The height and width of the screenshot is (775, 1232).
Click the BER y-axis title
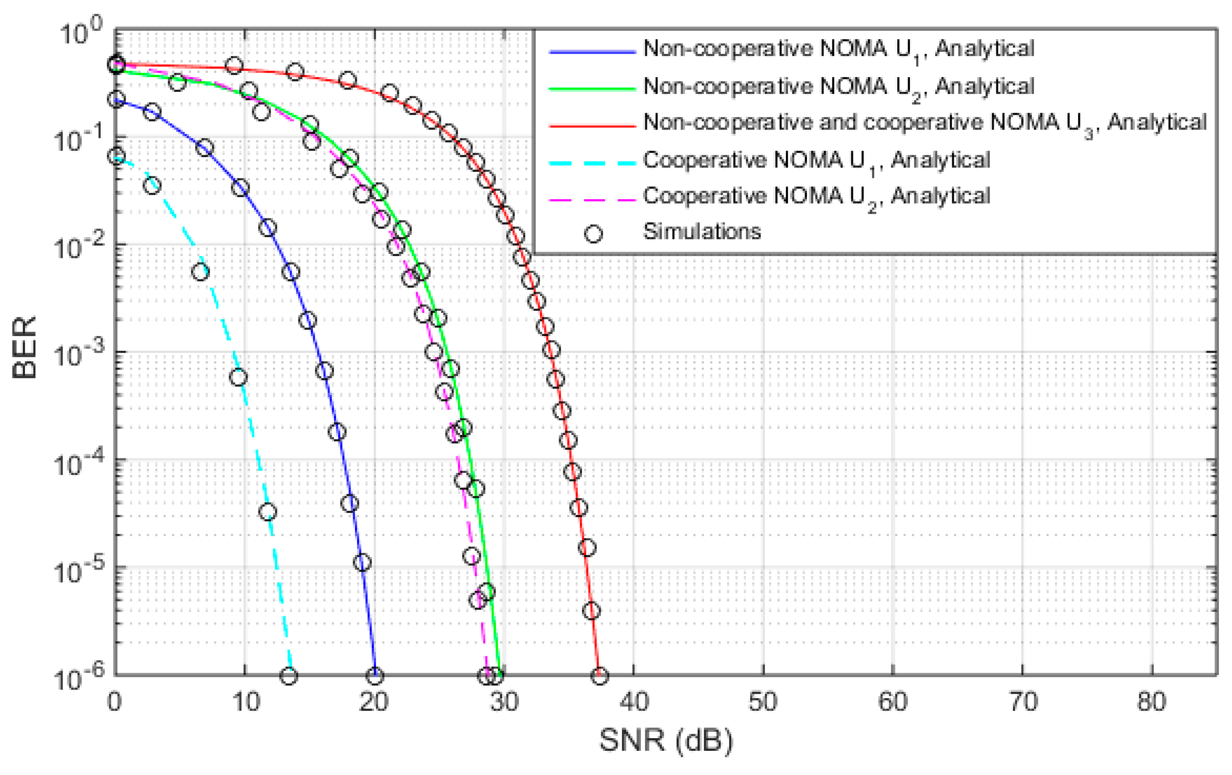pyautogui.click(x=24, y=347)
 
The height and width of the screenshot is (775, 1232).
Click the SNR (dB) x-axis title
pyautogui.click(x=666, y=739)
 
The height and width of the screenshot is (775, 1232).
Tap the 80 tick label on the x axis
pyautogui.click(x=1152, y=702)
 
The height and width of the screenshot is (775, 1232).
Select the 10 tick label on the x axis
pyautogui.click(x=246, y=702)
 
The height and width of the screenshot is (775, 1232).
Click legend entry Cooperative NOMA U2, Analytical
pyautogui.click(x=816, y=197)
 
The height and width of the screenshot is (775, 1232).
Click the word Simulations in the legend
pyautogui.click(x=702, y=232)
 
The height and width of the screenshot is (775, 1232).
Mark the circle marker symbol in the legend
pyautogui.click(x=593, y=234)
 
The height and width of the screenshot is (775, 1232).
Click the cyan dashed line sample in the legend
pyautogui.click(x=592, y=163)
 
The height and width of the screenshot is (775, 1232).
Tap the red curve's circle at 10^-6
pyautogui.click(x=600, y=676)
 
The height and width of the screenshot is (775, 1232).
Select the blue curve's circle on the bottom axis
pyautogui.click(x=375, y=676)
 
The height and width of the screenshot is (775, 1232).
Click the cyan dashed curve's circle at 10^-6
pyautogui.click(x=289, y=676)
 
